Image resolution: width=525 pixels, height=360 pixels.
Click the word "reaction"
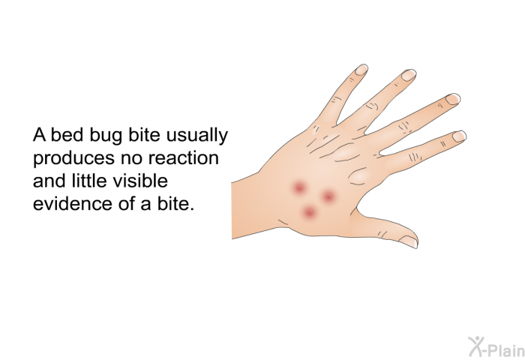click(x=184, y=157)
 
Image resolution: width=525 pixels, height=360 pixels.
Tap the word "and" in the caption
click(x=49, y=181)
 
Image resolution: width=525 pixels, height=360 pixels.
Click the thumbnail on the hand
click(x=409, y=241)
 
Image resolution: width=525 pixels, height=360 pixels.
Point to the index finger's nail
click(x=459, y=136)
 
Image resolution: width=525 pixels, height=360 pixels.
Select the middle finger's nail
click(x=453, y=99)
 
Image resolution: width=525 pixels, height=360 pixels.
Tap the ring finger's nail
click(x=409, y=75)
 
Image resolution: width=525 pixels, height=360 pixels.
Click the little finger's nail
click(x=361, y=70)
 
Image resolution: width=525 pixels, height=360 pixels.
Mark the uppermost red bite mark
click(x=298, y=187)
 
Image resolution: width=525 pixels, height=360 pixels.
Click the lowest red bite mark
click(x=309, y=212)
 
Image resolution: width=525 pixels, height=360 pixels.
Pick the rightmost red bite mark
click(x=328, y=196)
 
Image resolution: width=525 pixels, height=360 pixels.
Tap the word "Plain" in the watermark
click(x=508, y=350)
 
